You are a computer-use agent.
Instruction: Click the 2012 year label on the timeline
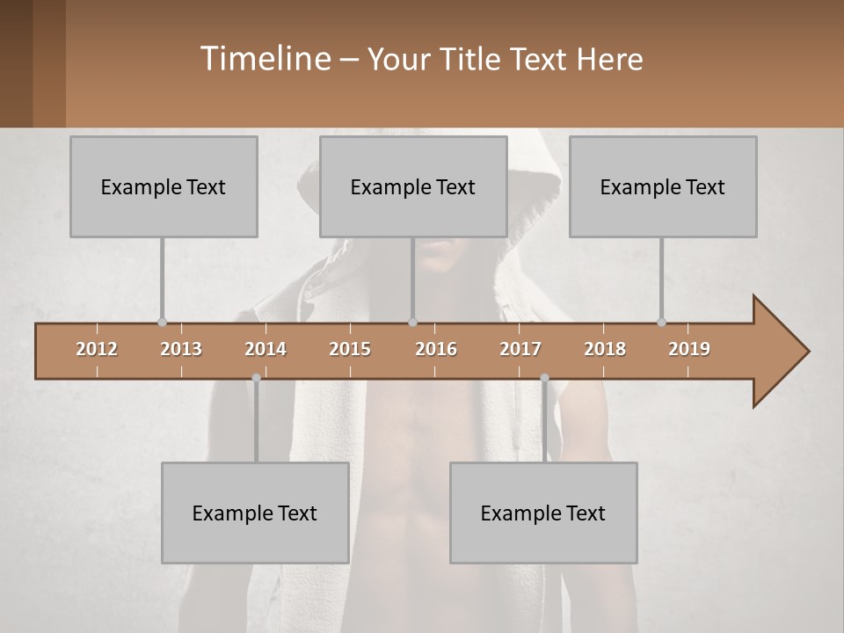click(x=97, y=349)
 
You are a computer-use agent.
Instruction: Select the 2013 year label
click(x=181, y=349)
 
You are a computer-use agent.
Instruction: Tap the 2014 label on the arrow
click(x=266, y=349)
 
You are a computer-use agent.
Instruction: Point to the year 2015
click(x=350, y=349)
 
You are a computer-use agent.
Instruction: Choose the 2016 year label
click(x=436, y=349)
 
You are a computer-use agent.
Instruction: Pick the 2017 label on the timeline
click(x=520, y=349)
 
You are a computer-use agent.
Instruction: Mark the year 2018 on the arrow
click(x=605, y=349)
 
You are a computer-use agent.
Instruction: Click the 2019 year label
click(x=689, y=349)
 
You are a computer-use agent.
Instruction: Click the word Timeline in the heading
click(x=265, y=59)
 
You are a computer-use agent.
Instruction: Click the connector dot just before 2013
click(x=162, y=322)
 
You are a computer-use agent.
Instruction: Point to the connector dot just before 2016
click(x=412, y=322)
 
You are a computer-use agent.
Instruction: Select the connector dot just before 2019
click(x=661, y=322)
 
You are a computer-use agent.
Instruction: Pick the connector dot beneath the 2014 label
click(x=256, y=378)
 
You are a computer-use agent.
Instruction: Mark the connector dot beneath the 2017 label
click(x=544, y=378)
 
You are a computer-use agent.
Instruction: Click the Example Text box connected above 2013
click(x=164, y=186)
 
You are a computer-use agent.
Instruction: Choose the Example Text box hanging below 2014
click(x=255, y=513)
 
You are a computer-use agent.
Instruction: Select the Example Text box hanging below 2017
click(x=543, y=513)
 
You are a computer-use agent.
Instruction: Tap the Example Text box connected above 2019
click(x=663, y=186)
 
